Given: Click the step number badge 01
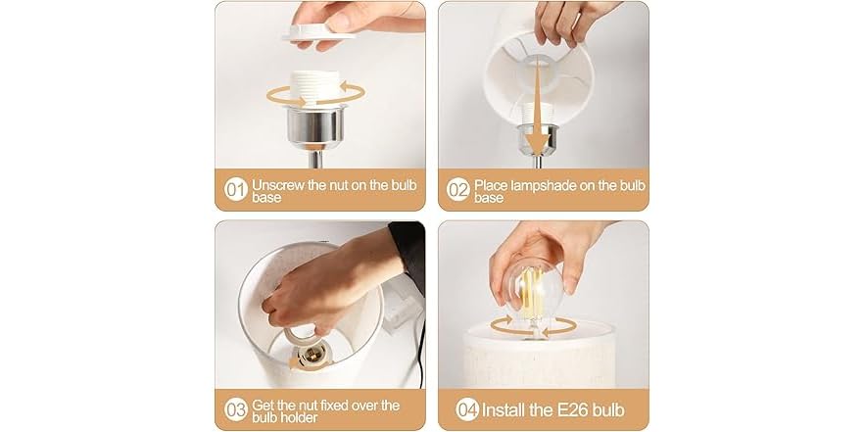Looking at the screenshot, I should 236,190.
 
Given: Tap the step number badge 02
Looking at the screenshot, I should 458,190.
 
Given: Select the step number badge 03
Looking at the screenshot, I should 236,410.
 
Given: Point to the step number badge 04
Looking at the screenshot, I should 468,410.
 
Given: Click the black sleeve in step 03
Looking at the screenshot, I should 408,255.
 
